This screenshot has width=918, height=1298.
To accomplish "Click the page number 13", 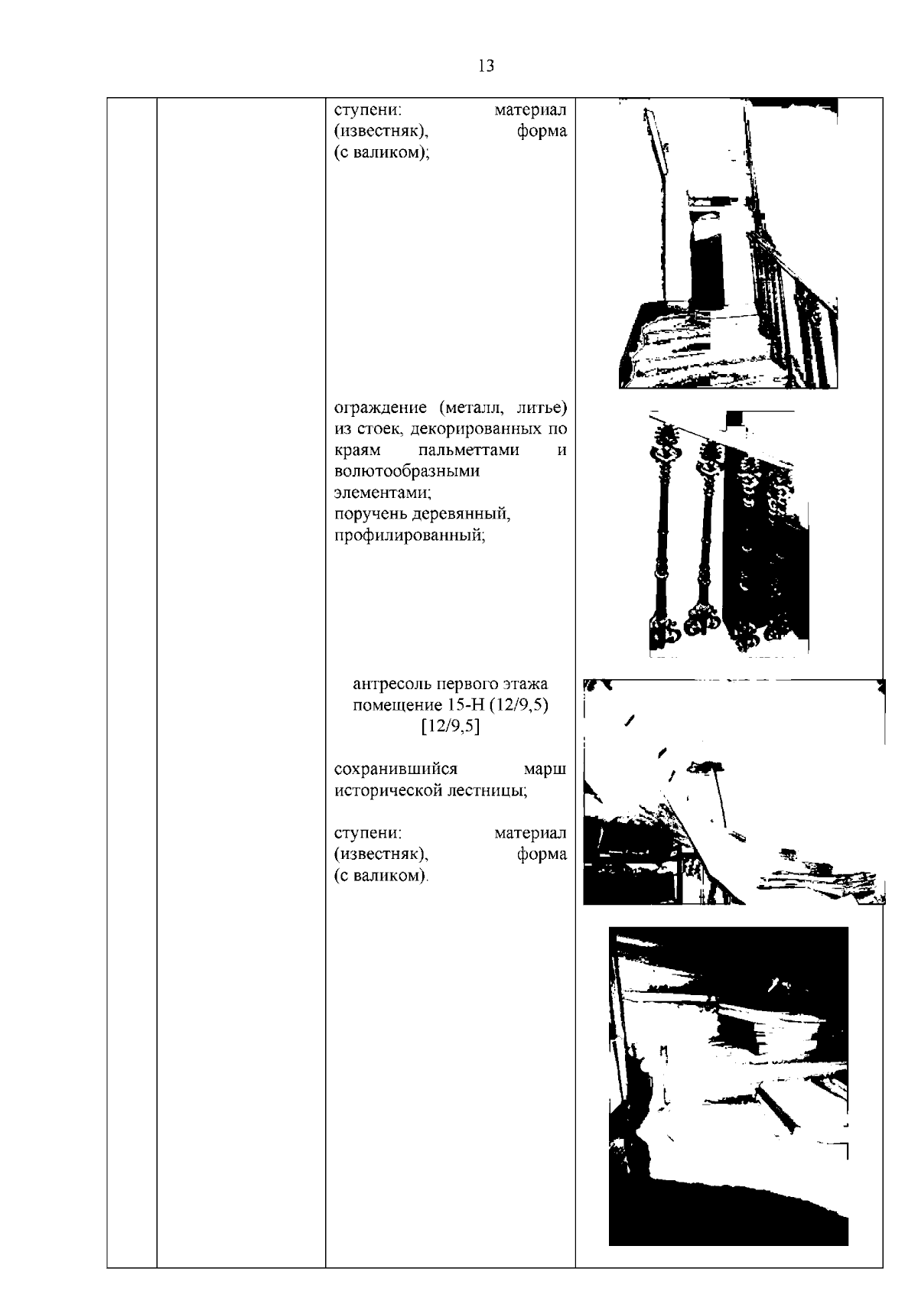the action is [487, 66].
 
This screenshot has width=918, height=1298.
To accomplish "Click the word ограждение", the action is [381, 408].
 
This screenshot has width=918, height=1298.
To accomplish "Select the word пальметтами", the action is [468, 450].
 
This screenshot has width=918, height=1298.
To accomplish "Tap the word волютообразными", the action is [407, 471].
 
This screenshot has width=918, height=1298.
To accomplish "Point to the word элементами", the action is [382, 493].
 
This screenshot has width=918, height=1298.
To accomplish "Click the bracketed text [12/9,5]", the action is [451, 727].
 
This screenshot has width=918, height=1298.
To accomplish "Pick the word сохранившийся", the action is [396, 769].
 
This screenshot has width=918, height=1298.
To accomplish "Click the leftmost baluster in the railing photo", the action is [662, 533].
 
